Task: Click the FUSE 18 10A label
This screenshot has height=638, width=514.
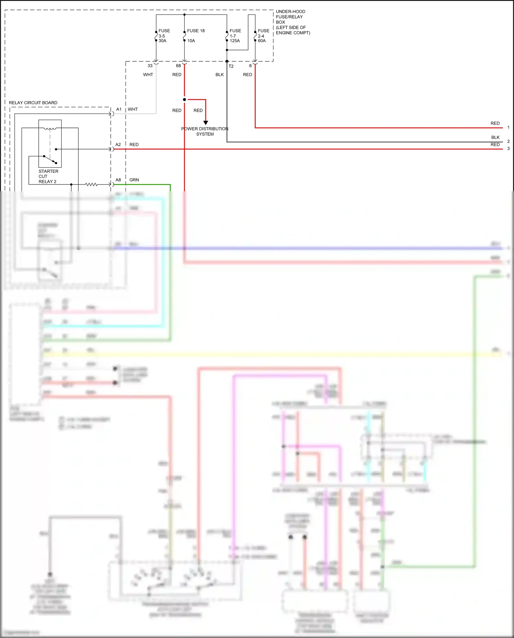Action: (195, 35)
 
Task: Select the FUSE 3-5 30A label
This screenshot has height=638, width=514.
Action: (164, 36)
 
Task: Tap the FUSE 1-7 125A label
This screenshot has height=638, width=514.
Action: (235, 36)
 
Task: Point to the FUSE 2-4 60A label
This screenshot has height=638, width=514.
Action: (263, 36)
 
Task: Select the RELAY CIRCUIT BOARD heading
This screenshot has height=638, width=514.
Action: (33, 103)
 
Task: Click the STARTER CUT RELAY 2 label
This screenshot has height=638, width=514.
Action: (48, 176)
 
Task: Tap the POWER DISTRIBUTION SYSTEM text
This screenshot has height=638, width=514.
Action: (205, 131)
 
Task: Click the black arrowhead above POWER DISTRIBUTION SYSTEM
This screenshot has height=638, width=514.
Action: (206, 122)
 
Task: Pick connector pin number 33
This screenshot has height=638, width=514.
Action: (150, 66)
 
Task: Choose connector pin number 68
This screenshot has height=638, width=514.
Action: (178, 66)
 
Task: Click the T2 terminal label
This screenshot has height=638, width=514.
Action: (231, 66)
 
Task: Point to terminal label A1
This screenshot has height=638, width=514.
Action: (119, 109)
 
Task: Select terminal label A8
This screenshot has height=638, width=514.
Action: (118, 180)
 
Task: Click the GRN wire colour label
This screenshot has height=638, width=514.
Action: (134, 180)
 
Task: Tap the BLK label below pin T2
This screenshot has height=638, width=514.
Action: (219, 74)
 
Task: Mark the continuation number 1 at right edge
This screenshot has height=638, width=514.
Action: (508, 127)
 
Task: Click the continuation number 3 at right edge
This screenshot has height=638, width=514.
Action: (508, 148)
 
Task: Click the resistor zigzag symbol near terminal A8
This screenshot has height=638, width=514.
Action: (91, 184)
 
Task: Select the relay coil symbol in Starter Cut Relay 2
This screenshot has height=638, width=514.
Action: (50, 129)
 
